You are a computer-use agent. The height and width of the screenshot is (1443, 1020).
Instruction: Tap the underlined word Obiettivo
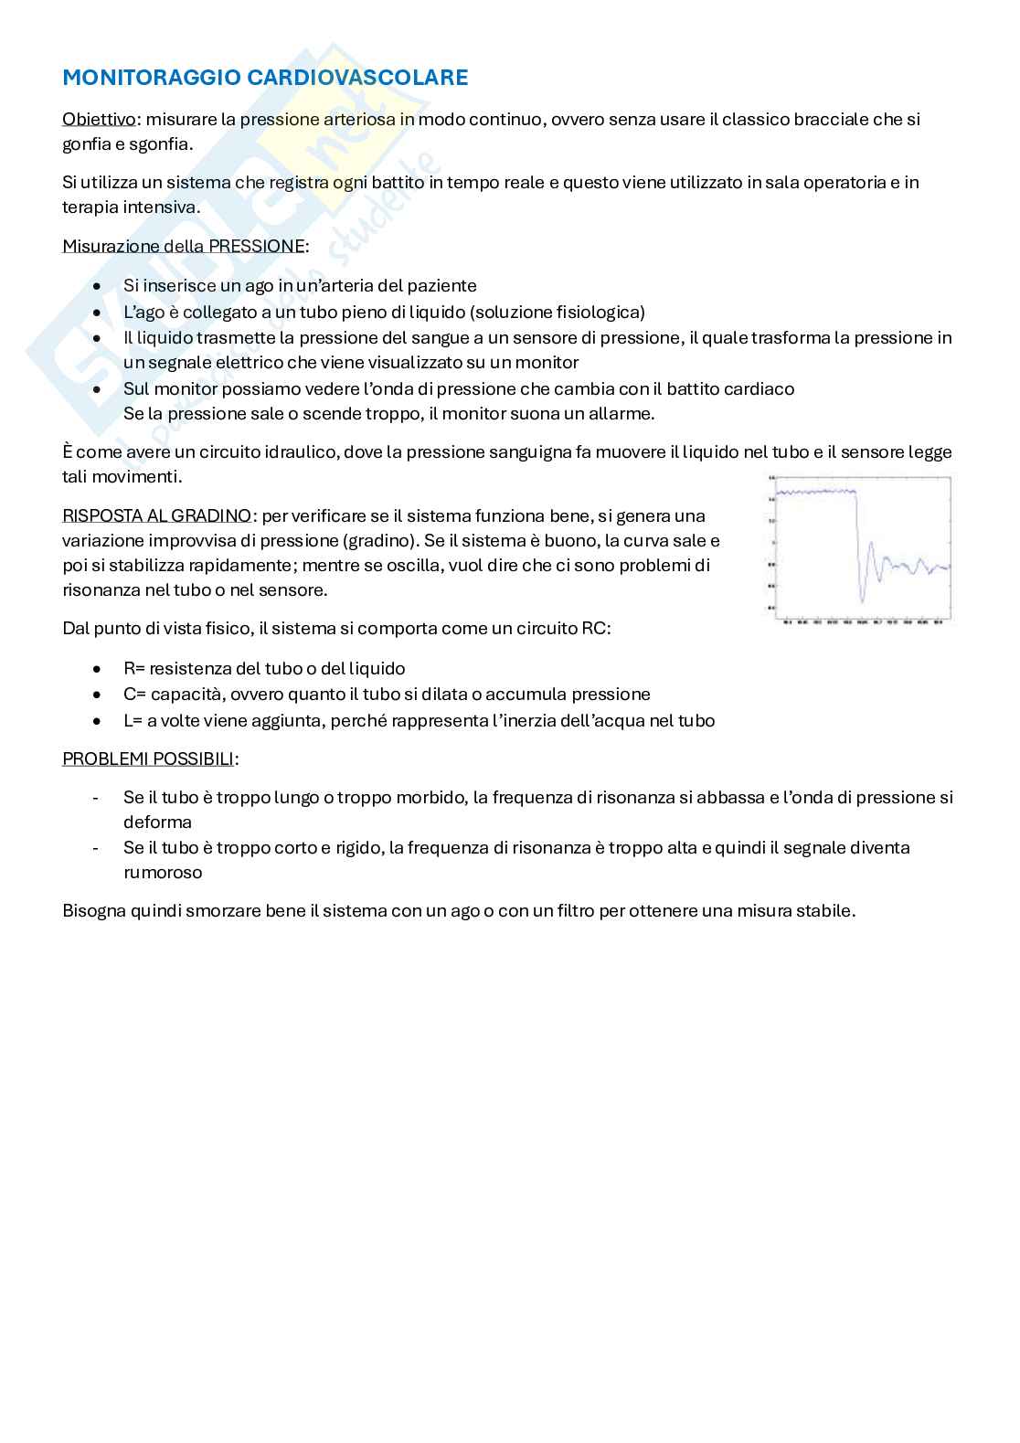pyautogui.click(x=99, y=119)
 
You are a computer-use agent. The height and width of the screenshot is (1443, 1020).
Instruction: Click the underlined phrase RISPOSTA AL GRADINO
pyautogui.click(x=156, y=516)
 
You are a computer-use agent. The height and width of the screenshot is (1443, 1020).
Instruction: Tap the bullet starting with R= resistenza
pyautogui.click(x=264, y=669)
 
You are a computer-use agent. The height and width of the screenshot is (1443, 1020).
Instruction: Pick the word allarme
pyautogui.click(x=622, y=414)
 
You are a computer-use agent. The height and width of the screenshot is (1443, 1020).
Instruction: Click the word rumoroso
pyautogui.click(x=163, y=873)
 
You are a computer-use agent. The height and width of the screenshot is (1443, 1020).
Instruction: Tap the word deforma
pyautogui.click(x=157, y=822)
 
